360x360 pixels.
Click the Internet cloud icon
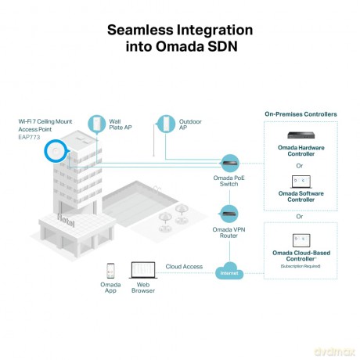click(x=229, y=272)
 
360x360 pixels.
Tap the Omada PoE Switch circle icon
click(x=230, y=164)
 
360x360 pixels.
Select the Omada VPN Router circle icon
click(x=229, y=214)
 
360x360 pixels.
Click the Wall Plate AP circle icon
click(x=96, y=124)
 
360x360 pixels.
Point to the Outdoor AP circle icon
click(x=167, y=124)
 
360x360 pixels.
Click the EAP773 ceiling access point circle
click(x=56, y=151)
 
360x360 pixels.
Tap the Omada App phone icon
click(x=110, y=271)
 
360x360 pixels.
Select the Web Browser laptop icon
click(x=143, y=270)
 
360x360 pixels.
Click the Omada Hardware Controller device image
click(x=301, y=135)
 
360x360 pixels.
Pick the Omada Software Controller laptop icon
click(x=301, y=182)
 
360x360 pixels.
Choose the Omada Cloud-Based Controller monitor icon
click(x=301, y=240)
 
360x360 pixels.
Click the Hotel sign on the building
click(x=66, y=221)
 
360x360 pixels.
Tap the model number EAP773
click(x=29, y=137)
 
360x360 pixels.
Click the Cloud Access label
click(x=184, y=267)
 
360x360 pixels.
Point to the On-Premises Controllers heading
click(x=301, y=114)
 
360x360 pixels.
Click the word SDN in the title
click(x=222, y=46)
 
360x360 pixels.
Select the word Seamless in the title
click(x=140, y=30)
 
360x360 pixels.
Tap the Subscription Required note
click(x=301, y=266)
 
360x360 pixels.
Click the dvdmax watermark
click(x=334, y=351)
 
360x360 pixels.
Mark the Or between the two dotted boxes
click(x=300, y=217)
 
